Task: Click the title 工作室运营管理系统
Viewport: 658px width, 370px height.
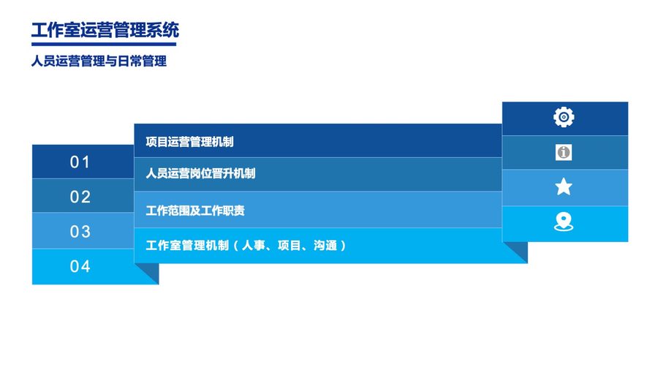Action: click(x=105, y=30)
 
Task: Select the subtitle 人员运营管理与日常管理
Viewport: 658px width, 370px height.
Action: click(x=99, y=61)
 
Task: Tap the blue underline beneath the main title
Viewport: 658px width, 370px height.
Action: click(x=104, y=44)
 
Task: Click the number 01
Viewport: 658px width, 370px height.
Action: click(x=80, y=162)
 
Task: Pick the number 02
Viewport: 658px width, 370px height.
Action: click(x=80, y=197)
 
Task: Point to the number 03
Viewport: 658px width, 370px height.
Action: click(x=80, y=232)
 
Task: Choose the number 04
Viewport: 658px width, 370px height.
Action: click(x=80, y=266)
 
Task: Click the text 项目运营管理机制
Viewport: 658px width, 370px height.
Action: click(x=189, y=142)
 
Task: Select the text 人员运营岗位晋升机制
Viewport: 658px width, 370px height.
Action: click(x=200, y=173)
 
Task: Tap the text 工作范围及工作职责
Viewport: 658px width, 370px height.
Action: click(x=195, y=211)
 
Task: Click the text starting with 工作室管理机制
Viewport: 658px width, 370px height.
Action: click(x=246, y=246)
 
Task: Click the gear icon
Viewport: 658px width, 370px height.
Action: click(x=564, y=117)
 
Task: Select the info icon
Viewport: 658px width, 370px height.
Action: click(x=564, y=152)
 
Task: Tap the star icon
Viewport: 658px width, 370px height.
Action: click(x=564, y=186)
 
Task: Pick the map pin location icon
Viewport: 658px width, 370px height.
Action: click(x=564, y=222)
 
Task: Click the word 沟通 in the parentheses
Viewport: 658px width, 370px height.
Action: click(x=325, y=246)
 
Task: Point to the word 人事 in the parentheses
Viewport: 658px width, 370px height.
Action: click(x=254, y=246)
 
